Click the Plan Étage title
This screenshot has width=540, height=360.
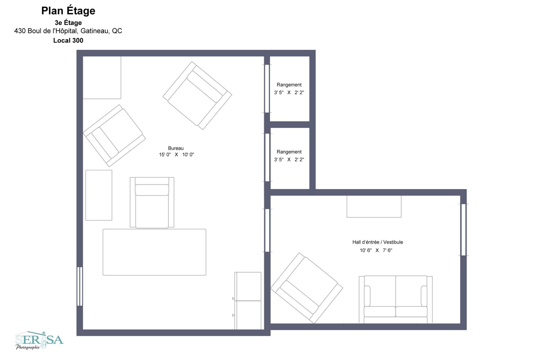point(68,11)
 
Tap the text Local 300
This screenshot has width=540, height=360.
point(68,41)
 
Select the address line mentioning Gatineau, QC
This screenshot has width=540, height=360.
point(68,31)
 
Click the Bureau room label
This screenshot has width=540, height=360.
point(176,148)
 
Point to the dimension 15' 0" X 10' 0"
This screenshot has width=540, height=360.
point(176,155)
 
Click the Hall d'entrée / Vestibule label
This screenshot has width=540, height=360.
point(378,242)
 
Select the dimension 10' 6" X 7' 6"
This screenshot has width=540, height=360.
point(376,250)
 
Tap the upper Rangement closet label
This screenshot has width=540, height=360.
point(289,85)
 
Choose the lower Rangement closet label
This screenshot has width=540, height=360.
point(289,152)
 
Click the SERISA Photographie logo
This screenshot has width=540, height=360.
point(39,340)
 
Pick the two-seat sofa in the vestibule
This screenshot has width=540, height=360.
point(396,299)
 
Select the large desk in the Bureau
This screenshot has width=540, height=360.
point(154,252)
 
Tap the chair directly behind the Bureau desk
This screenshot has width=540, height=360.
point(152,202)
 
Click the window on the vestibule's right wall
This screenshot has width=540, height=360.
point(463,230)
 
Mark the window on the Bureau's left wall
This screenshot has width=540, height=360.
point(80,286)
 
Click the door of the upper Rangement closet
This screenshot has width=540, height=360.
point(267,89)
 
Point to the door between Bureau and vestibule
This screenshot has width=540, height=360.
point(267,230)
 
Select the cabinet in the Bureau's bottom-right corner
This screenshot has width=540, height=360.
point(248,301)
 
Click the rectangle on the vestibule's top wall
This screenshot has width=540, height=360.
point(374,206)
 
